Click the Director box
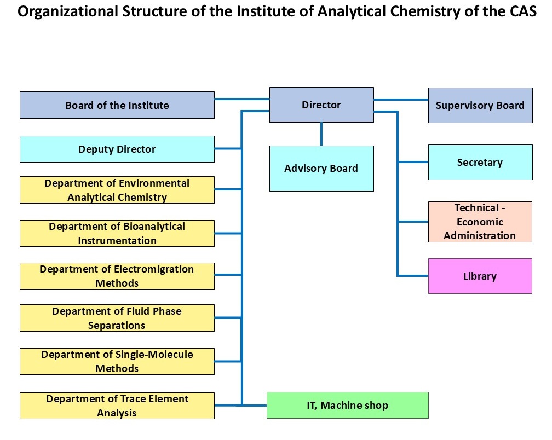click(x=321, y=105)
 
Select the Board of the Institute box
click(x=117, y=105)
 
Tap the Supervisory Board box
click(x=480, y=105)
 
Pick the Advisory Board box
click(x=321, y=169)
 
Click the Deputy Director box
click(x=117, y=149)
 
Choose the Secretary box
click(x=480, y=162)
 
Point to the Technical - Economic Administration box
click(x=480, y=222)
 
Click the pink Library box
click(x=480, y=276)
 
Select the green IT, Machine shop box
click(x=347, y=405)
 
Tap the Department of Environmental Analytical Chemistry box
click(x=117, y=190)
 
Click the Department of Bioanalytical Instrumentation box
click(x=117, y=233)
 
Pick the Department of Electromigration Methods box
click(x=117, y=276)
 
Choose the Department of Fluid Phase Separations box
click(x=117, y=318)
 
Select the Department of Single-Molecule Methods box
click(x=117, y=361)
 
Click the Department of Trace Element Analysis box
click(x=117, y=406)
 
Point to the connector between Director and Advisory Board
click(x=321, y=134)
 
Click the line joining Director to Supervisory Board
click(x=401, y=100)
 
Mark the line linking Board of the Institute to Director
click(x=242, y=99)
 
